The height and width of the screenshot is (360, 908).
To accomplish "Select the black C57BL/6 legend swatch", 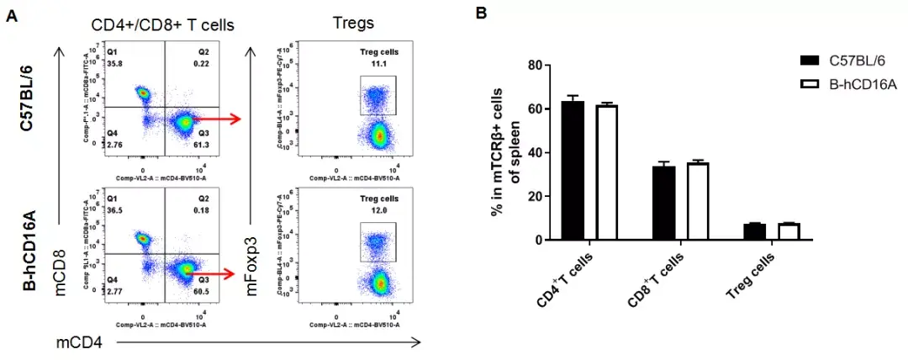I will [x=810, y=61].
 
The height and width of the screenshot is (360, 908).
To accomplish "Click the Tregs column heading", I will [x=353, y=24].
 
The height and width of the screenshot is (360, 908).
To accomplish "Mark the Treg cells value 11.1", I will [x=377, y=64].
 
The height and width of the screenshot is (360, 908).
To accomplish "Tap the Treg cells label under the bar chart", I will [x=750, y=274].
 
